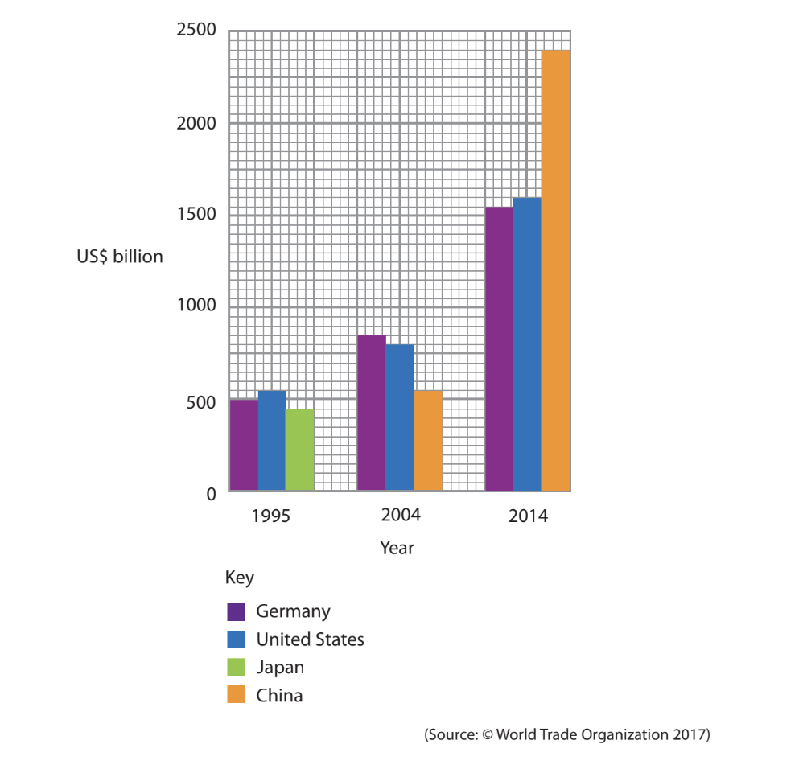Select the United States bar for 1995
coord(272,441)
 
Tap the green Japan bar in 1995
coord(299,450)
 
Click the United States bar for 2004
coord(400,417)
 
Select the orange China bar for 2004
coord(428,441)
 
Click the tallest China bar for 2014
coord(555,270)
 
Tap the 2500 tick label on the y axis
coord(196,31)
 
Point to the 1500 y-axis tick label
coord(196,215)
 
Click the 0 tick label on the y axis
coord(211,494)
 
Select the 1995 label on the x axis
coord(270,516)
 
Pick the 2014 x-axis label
coord(528,516)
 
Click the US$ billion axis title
coord(120,257)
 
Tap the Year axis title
coord(397,548)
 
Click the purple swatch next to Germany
coord(236,611)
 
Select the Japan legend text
coord(280,667)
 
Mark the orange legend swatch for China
coord(236,695)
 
